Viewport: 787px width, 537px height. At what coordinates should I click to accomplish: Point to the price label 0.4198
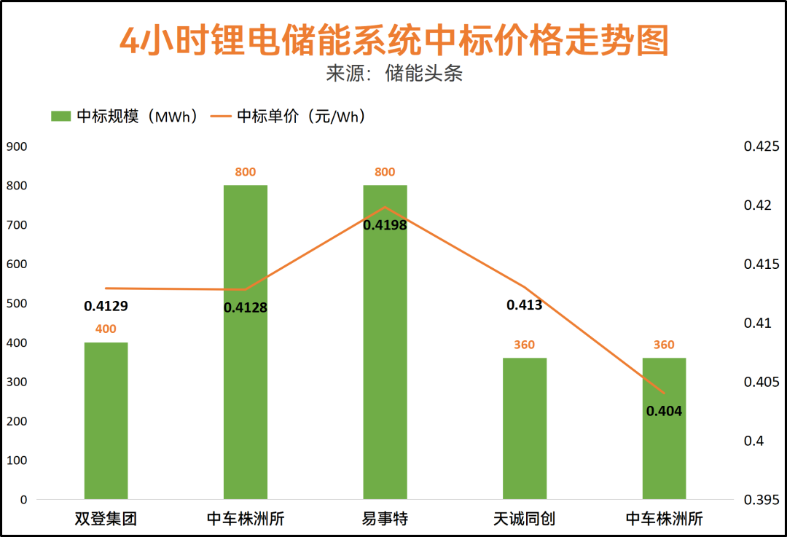click(385, 225)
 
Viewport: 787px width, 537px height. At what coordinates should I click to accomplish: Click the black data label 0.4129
click(106, 306)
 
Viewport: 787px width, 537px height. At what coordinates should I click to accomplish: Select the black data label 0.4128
click(246, 307)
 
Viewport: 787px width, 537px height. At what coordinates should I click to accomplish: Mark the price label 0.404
click(664, 411)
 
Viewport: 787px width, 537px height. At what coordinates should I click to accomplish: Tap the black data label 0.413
click(525, 305)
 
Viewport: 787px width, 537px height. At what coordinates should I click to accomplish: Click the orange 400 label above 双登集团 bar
click(106, 329)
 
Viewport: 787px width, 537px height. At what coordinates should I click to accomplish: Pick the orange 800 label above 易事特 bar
click(385, 172)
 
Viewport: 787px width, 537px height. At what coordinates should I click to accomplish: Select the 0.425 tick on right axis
click(761, 146)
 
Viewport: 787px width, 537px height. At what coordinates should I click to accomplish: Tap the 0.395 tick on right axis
click(761, 500)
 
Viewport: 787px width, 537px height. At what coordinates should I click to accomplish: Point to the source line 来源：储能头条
click(393, 74)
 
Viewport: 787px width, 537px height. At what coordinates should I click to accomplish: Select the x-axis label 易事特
click(385, 520)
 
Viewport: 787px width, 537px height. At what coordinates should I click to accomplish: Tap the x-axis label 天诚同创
click(524, 520)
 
